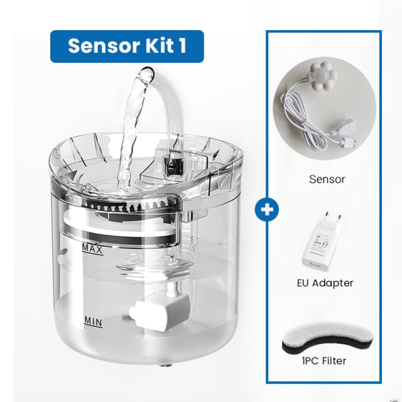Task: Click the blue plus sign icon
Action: [267, 209]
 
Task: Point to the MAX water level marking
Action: [92, 249]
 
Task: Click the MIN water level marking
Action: [92, 322]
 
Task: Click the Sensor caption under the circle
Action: [327, 179]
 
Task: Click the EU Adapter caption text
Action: [325, 283]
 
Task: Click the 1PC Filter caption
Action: [325, 361]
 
